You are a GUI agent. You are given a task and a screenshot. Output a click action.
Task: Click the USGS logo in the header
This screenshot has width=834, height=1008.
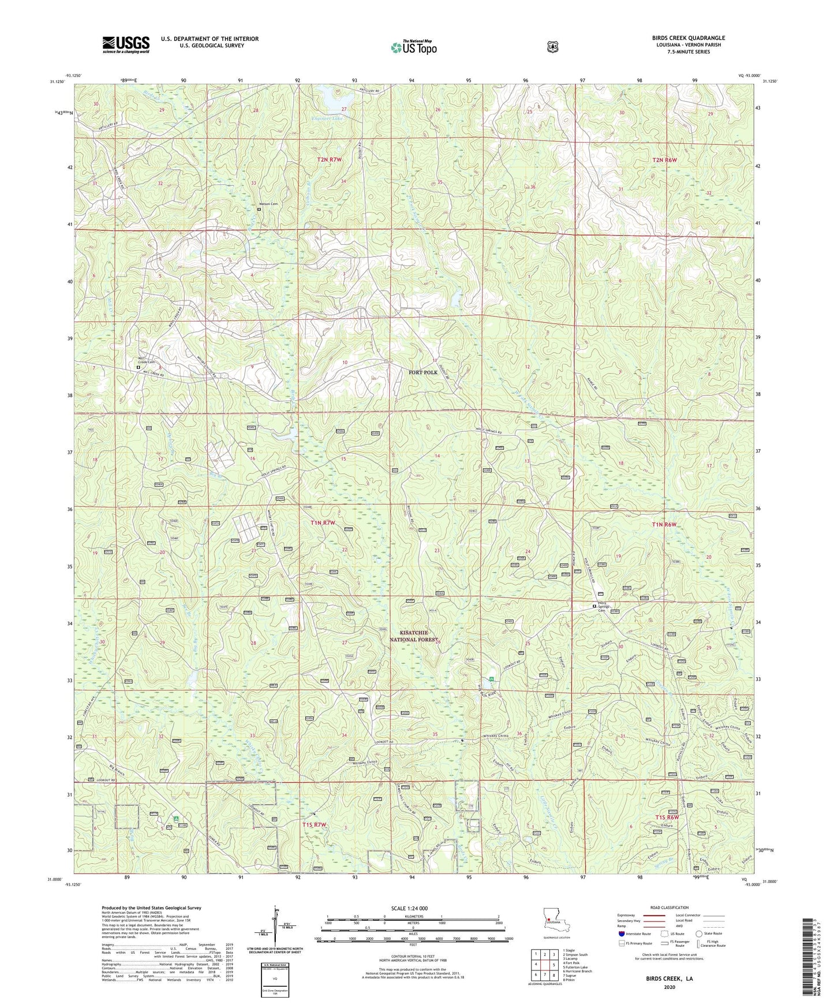click(126, 44)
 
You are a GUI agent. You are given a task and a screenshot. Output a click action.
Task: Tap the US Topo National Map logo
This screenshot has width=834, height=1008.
click(412, 47)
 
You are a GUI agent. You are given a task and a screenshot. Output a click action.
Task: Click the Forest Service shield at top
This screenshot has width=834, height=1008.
click(552, 46)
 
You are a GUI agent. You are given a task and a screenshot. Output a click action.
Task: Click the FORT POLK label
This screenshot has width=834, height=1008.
click(422, 372)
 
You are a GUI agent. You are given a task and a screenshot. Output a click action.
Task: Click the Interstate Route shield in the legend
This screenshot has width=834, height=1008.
click(621, 934)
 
